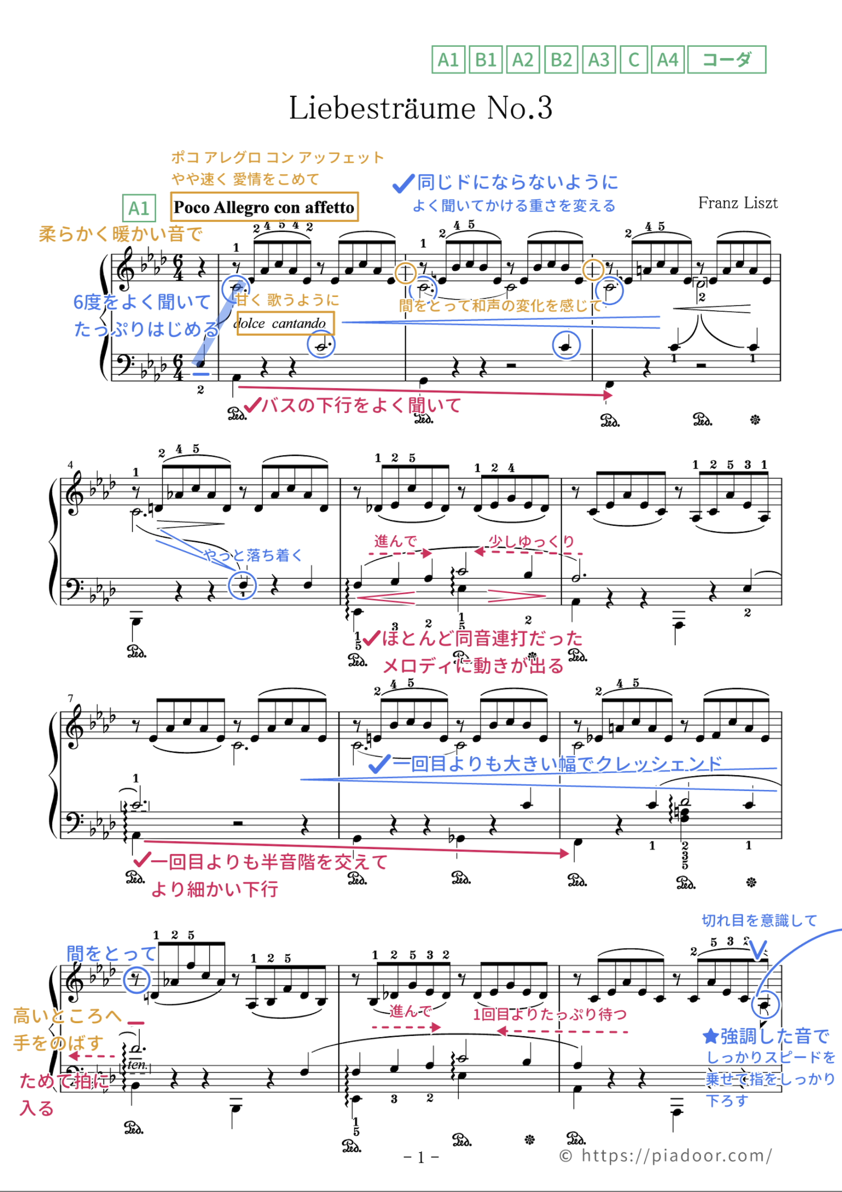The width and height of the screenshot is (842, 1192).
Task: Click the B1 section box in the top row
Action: tap(486, 60)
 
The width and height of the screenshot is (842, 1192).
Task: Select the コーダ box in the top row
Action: tap(726, 60)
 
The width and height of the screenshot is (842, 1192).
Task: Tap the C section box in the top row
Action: tap(634, 60)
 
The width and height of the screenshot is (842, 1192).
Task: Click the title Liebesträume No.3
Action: tap(420, 108)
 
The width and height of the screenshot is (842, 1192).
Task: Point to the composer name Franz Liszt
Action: tap(737, 202)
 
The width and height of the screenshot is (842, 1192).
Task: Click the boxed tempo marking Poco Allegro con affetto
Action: tap(264, 207)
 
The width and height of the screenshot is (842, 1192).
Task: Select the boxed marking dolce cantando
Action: tap(285, 323)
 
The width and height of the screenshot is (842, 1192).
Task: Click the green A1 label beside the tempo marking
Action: tap(139, 208)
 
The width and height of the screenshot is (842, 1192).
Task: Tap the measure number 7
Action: tap(71, 698)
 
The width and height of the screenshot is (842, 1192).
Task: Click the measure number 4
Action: tap(71, 465)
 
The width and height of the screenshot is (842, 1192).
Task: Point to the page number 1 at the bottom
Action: tap(421, 1157)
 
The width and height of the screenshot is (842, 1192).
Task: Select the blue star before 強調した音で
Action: tap(709, 1036)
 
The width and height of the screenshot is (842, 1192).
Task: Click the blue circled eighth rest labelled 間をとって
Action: tap(136, 980)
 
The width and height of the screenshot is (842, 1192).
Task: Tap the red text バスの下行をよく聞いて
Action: tap(361, 405)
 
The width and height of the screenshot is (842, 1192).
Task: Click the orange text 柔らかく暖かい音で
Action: tap(120, 234)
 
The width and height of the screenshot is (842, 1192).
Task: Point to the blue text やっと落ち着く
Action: tap(253, 555)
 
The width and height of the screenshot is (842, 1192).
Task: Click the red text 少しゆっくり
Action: tap(531, 541)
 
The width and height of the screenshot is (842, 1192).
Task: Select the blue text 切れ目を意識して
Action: tap(759, 921)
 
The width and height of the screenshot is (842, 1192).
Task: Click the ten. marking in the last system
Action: tap(137, 1064)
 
